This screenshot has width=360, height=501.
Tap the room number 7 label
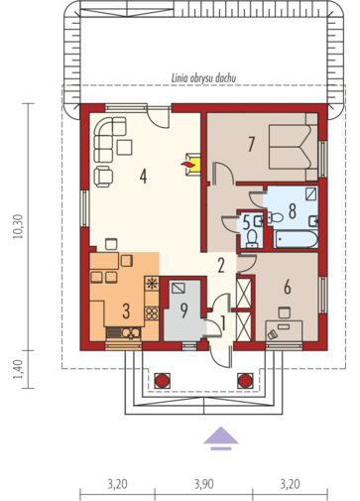(x=252, y=144)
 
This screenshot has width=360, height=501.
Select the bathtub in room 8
(x=297, y=238)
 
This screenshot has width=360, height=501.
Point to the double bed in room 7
(x=294, y=147)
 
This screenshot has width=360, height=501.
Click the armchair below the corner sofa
(x=104, y=177)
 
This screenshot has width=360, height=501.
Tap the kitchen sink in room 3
(x=131, y=333)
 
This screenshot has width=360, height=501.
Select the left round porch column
(x=163, y=380)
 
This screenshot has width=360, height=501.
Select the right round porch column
(x=245, y=380)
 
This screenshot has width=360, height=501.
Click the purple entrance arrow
(x=221, y=438)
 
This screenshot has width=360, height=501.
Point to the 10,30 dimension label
(x=18, y=226)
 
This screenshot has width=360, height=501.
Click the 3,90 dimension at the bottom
(x=203, y=484)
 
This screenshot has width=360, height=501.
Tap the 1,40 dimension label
(x=18, y=369)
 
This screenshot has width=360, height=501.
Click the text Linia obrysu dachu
(x=203, y=78)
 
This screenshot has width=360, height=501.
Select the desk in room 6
(x=284, y=329)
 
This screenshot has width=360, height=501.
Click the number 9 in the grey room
(x=183, y=311)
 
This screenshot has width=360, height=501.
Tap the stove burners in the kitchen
(x=152, y=313)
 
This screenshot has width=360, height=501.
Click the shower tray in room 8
(x=311, y=193)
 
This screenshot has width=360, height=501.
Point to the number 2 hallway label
(x=221, y=265)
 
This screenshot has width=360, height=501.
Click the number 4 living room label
(x=143, y=176)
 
